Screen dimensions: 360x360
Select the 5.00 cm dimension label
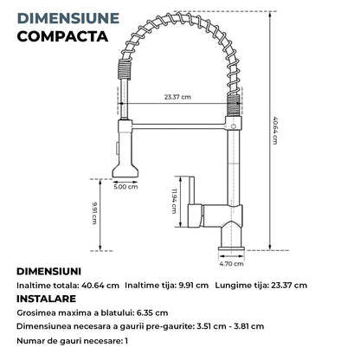pyautogui.click(x=126, y=185)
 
